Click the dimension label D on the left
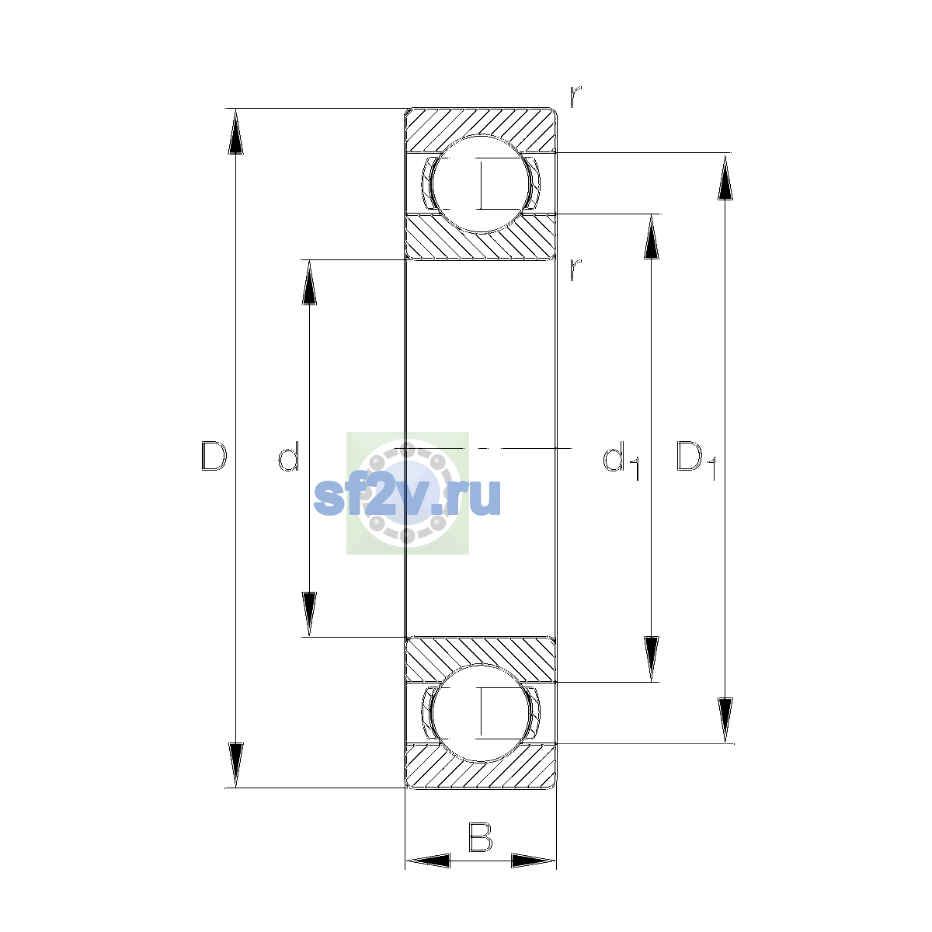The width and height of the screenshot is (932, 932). (x=214, y=456)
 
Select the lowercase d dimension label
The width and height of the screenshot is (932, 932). (x=289, y=456)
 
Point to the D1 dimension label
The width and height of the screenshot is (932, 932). (x=696, y=461)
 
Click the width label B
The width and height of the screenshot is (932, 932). (x=480, y=836)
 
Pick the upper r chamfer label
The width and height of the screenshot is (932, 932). (x=576, y=97)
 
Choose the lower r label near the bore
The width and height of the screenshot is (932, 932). (x=576, y=270)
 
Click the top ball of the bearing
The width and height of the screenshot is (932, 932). (x=480, y=184)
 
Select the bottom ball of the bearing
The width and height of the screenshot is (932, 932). (x=480, y=713)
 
